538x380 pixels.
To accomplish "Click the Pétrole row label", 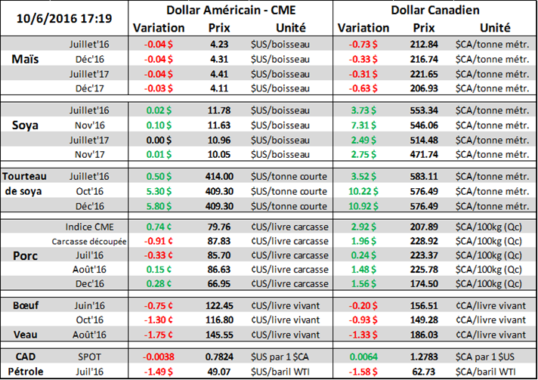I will click(x=26, y=371).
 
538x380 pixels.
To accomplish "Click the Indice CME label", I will click(x=88, y=226).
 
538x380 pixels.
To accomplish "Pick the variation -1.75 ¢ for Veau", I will click(x=160, y=334).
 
